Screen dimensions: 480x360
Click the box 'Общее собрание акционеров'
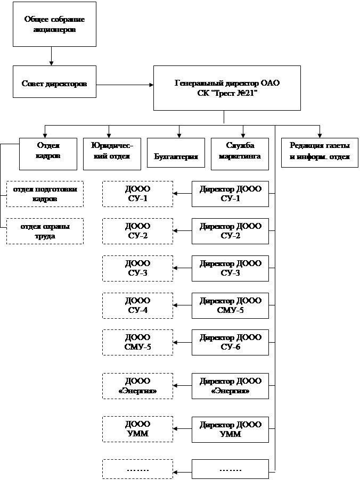(55, 25)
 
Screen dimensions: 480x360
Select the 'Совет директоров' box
(55, 85)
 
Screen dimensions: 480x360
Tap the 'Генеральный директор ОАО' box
(227, 88)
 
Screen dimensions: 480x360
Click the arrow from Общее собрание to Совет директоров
(51, 56)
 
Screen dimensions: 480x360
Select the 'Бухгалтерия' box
(176, 154)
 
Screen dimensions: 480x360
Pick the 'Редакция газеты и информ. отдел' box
(320, 151)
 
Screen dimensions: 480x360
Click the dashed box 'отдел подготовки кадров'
(45, 194)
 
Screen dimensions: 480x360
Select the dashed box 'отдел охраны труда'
(45, 231)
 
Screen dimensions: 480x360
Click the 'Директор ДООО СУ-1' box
(230, 194)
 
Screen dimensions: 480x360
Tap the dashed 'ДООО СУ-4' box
(137, 305)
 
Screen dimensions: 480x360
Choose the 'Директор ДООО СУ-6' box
(230, 343)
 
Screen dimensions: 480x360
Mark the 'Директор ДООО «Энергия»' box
(230, 387)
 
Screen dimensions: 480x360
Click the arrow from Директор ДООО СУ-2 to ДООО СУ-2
(182, 231)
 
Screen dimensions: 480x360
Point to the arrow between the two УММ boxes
(182, 429)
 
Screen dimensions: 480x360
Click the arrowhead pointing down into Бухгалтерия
(179, 135)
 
